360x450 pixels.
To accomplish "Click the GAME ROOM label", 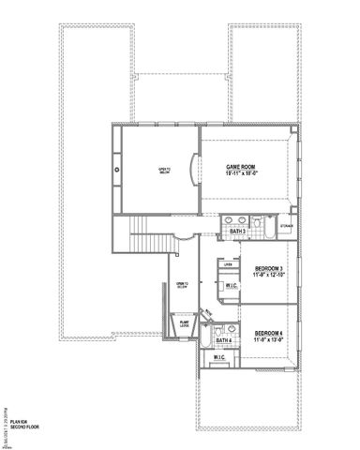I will (241, 167).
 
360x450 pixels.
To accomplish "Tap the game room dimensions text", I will (241, 174).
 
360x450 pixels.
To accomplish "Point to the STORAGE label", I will (287, 226).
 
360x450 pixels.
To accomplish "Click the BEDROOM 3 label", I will (269, 269).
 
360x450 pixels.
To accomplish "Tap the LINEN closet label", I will (228, 265).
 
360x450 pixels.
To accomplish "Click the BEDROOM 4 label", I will (269, 333).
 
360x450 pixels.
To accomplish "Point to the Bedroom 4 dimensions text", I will (269, 340).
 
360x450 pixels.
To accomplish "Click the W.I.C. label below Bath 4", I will (219, 358).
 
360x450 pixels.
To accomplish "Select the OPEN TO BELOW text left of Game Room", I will (164, 169).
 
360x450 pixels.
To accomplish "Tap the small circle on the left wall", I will (116, 170).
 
